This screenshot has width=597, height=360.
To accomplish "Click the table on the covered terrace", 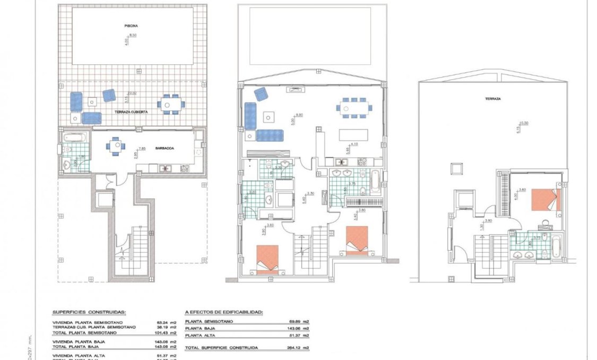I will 170,104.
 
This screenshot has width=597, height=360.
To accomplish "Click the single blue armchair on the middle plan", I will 261,94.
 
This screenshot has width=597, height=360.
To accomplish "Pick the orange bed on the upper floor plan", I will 544,200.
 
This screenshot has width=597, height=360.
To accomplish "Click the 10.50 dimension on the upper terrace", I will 524,123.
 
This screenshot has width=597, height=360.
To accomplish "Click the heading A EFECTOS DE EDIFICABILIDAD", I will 224,313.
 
